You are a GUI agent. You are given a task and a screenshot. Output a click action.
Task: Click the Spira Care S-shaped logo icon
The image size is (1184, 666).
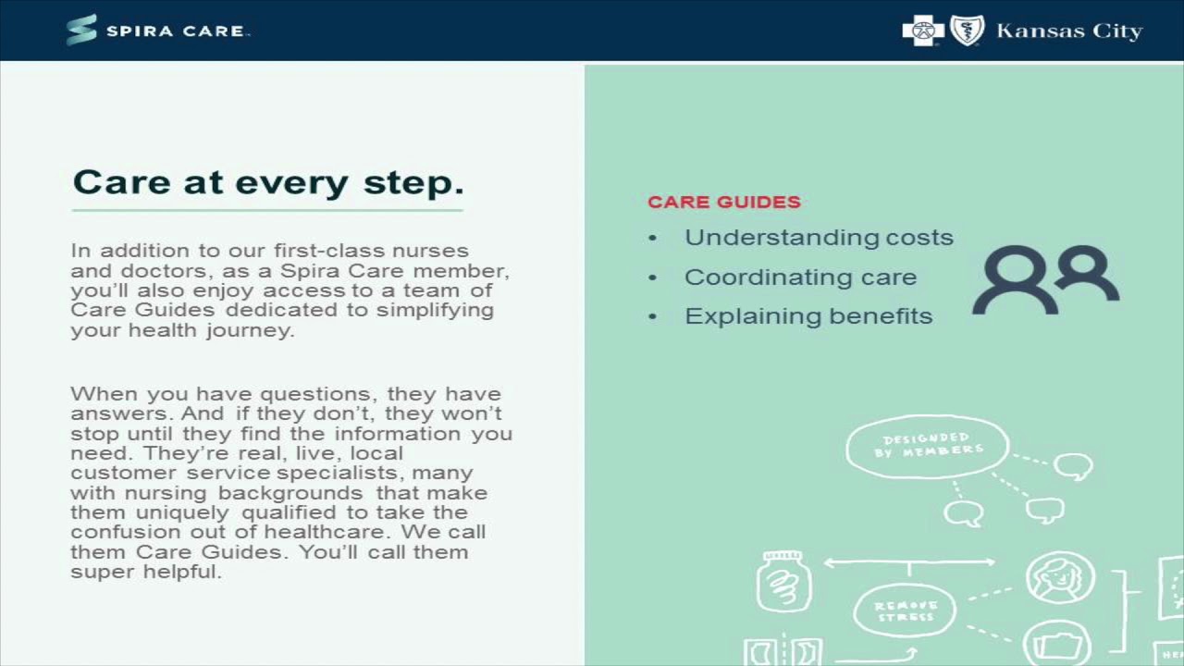tap(81, 30)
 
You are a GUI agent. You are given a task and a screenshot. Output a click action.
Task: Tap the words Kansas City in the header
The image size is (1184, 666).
tap(1069, 31)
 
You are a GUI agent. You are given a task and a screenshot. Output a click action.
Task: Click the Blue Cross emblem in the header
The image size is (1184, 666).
tap(923, 31)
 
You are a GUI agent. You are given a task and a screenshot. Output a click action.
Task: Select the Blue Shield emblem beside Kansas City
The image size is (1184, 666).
tap(967, 31)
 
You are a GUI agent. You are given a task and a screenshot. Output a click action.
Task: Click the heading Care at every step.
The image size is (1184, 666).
tap(267, 181)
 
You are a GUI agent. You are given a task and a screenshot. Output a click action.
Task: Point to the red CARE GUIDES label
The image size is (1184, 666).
tap(723, 202)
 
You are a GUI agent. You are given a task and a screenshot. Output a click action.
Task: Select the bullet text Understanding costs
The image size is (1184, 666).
tap(819, 238)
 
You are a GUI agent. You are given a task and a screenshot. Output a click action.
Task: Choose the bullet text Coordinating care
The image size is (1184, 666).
tap(800, 277)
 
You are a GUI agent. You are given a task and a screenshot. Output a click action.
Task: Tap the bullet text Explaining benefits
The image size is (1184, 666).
tap(808, 316)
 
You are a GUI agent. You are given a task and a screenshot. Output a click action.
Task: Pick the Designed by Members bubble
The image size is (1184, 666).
tap(927, 446)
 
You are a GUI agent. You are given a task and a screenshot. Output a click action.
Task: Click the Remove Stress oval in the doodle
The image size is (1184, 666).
tap(906, 610)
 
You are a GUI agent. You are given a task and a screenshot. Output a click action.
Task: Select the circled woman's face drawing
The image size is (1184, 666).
tap(1060, 578)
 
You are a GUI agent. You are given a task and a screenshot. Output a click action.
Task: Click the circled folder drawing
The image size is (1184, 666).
tap(1056, 644)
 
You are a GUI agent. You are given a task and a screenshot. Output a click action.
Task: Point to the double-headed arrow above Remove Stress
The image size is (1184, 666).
tap(908, 561)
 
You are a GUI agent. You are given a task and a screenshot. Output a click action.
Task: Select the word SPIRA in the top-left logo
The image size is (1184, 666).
tap(139, 31)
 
